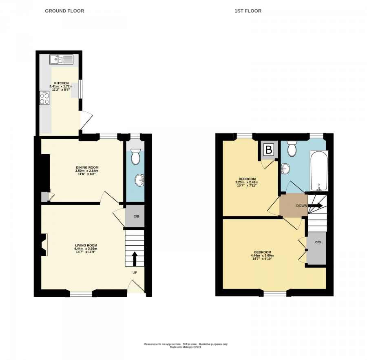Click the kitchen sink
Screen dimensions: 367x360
(61, 59)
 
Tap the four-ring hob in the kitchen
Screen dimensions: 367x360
(44, 98)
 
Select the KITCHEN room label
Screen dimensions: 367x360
(62, 83)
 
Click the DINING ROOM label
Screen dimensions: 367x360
(87, 167)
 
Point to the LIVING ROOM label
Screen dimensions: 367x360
(86, 245)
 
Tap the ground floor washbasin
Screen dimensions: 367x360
(139, 180)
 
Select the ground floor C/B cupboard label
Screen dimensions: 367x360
(136, 216)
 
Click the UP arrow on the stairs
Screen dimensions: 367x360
(135, 259)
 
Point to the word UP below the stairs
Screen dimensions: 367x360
(135, 273)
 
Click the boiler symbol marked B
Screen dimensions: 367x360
(269, 149)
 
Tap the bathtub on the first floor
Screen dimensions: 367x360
(319, 171)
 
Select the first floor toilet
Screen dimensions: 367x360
(292, 149)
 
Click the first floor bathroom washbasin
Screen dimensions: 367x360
(285, 169)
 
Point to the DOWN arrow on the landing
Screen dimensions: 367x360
(315, 206)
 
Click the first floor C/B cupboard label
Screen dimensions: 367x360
(318, 242)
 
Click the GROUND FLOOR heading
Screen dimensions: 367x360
(64, 11)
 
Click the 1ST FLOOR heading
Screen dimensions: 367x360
(248, 11)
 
